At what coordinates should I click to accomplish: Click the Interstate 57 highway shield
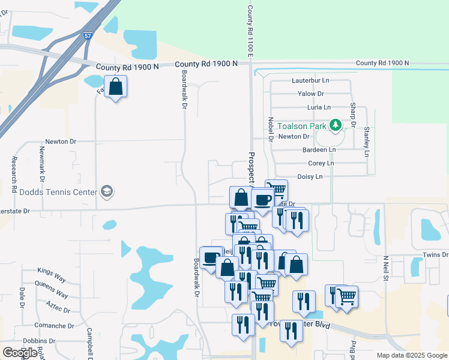(x=88, y=37)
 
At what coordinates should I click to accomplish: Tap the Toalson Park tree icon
(x=337, y=125)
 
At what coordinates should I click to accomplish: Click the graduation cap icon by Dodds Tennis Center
(x=107, y=192)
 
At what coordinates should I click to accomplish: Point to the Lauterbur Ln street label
(x=310, y=80)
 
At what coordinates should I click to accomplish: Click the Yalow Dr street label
(x=311, y=94)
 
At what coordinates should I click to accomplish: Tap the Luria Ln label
(x=319, y=107)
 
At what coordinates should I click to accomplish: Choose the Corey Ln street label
(x=321, y=163)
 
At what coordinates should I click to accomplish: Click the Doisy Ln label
(x=310, y=176)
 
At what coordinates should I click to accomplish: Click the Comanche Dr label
(x=54, y=326)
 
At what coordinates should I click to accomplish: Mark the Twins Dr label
(x=436, y=255)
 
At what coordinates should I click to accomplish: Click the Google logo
(x=20, y=353)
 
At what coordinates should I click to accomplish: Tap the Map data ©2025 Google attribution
(x=411, y=355)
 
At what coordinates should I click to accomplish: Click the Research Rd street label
(x=14, y=175)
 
